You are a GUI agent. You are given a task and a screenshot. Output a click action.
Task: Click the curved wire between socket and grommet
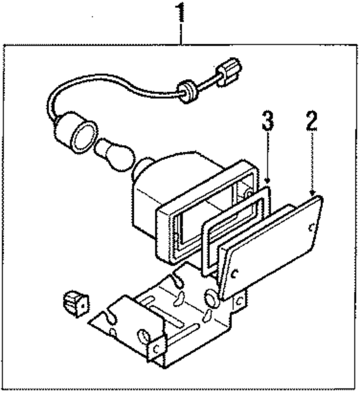(x=112, y=90)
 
